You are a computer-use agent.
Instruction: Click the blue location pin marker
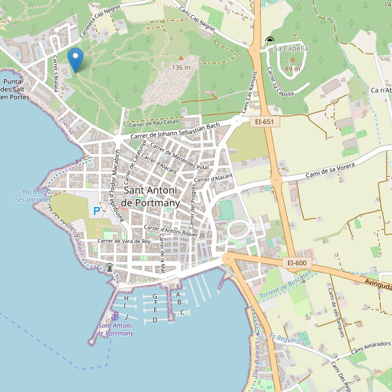pyautogui.click(x=76, y=59)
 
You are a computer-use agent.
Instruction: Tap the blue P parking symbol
pyautogui.click(x=97, y=211)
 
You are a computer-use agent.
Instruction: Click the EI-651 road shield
pyautogui.click(x=264, y=122)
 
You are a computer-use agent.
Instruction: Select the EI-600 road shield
pyautogui.click(x=296, y=263)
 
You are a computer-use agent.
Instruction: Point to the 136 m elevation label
pyautogui.click(x=181, y=67)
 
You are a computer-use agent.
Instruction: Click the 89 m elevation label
pyautogui.click(x=293, y=69)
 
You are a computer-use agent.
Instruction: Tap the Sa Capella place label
pyautogui.click(x=290, y=48)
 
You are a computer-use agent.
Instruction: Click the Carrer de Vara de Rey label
pyautogui.click(x=123, y=240)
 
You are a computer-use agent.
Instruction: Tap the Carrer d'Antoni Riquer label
pyautogui.click(x=171, y=231)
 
